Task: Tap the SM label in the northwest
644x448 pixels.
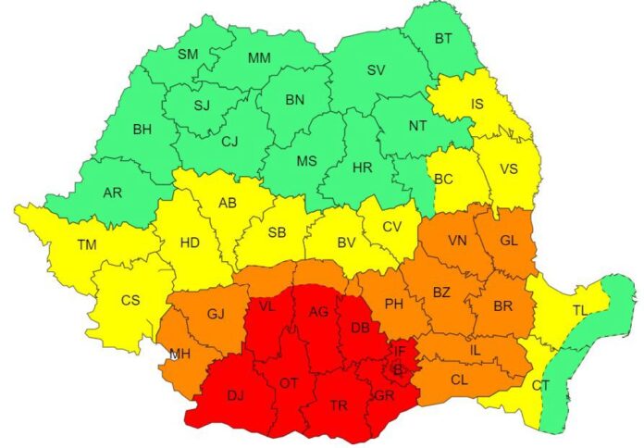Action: click(188, 55)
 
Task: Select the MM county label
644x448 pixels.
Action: click(259, 57)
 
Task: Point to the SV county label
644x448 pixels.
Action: click(377, 69)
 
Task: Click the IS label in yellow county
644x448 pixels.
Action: click(477, 105)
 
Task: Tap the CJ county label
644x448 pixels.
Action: click(231, 142)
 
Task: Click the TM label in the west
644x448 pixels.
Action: click(87, 244)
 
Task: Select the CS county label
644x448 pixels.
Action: click(132, 301)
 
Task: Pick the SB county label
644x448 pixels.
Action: click(276, 231)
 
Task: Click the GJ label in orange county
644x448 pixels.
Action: click(216, 314)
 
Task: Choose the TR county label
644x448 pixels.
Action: click(339, 405)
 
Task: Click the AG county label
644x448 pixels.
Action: click(318, 311)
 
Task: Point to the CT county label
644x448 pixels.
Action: click(539, 384)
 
